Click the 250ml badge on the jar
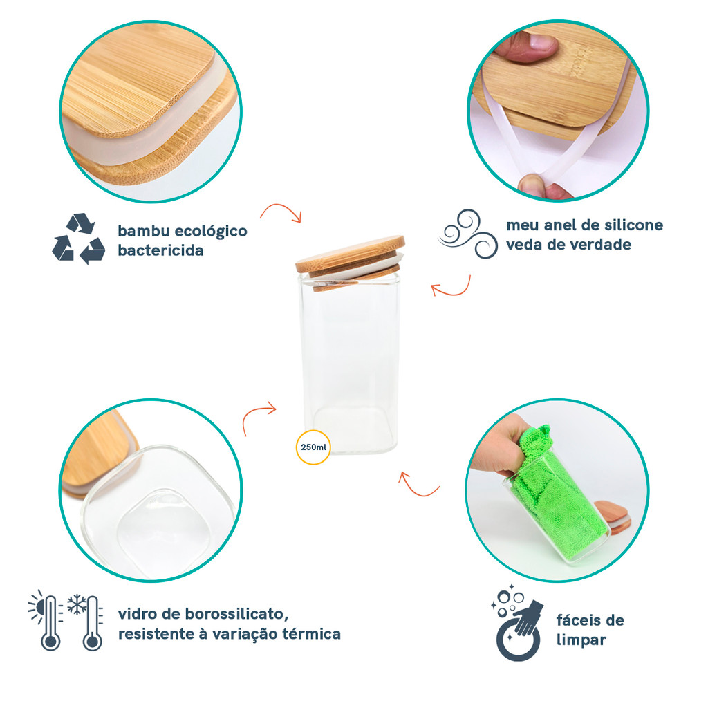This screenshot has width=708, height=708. (313, 447)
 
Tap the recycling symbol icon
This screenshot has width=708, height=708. (79, 239)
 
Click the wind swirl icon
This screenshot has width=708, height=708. (468, 234)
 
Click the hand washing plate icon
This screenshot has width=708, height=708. (517, 622)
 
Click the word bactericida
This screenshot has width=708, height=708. (160, 250)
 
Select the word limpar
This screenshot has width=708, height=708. (581, 640)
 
